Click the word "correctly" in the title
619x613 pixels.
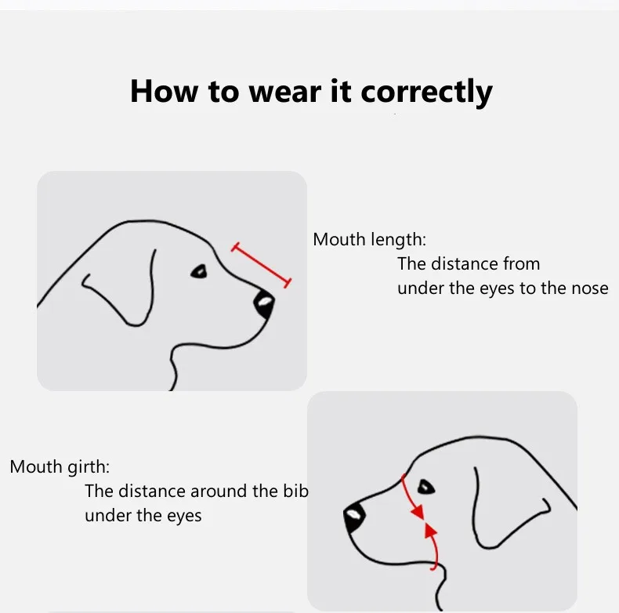(426, 92)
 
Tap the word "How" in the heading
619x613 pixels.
(165, 91)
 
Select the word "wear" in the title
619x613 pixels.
(285, 92)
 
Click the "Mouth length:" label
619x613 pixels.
(370, 240)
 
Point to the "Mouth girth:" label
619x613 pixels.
(60, 467)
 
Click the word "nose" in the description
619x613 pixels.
(590, 288)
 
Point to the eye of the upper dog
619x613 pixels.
(199, 271)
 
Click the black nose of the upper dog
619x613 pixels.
(264, 303)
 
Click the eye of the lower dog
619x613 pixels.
(426, 487)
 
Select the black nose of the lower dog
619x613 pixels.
(353, 517)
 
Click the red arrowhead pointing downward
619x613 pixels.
(418, 512)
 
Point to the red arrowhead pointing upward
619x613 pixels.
(430, 530)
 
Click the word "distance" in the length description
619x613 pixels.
(464, 264)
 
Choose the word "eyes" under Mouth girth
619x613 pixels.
(184, 516)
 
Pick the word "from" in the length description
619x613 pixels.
(521, 264)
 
